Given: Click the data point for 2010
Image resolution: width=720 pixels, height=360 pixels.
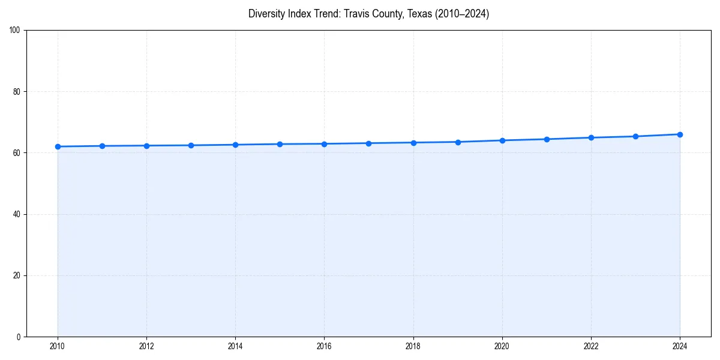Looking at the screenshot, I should [58, 146].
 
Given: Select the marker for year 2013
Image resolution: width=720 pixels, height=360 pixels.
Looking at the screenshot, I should [191, 145].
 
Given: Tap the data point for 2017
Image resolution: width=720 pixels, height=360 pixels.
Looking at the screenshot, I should [368, 143].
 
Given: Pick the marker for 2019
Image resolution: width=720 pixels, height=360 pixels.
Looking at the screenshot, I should [458, 142].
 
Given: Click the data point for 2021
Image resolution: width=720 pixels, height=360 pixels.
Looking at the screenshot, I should [547, 139].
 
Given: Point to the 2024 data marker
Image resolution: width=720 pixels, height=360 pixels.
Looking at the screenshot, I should [680, 134].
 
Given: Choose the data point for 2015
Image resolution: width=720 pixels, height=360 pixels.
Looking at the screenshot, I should [280, 144].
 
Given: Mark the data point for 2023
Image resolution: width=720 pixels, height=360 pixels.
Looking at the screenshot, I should [635, 136].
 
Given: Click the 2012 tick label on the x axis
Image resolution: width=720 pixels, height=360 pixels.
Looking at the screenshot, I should [146, 346].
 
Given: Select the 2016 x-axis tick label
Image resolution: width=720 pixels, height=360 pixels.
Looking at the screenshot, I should [324, 346].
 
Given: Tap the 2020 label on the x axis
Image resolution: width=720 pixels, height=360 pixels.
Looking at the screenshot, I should [502, 346].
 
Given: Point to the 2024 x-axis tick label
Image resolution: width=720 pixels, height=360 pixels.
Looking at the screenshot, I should [680, 346].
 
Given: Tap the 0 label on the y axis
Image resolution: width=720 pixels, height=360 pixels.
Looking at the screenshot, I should [19, 337].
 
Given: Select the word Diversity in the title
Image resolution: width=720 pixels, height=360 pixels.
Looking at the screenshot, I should [267, 14].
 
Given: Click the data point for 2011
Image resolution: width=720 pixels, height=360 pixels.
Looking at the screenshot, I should [102, 146].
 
